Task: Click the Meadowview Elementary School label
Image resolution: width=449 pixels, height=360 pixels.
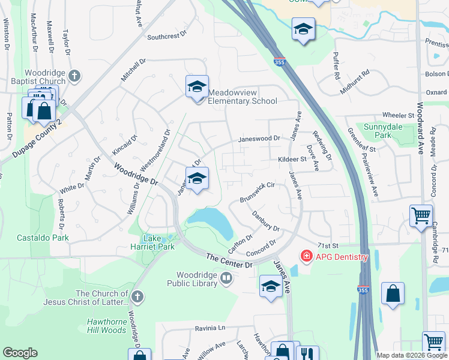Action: [x=243, y=97]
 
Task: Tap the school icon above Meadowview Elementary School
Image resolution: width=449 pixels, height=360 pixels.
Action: [x=197, y=88]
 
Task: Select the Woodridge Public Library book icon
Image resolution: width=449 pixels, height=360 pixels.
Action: [x=226, y=278]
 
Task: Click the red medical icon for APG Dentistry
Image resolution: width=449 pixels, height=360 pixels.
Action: [x=306, y=257]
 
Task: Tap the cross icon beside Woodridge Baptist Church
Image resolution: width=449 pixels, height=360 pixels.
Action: [x=74, y=76]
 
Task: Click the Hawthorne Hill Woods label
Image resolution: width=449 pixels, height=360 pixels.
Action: [x=107, y=326]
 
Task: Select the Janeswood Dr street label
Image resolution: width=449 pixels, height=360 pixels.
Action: [x=259, y=139]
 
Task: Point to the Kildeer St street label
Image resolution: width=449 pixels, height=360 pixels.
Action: [x=292, y=160]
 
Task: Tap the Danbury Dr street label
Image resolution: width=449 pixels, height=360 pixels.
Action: [x=266, y=221]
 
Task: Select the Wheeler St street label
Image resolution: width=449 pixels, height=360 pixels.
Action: [x=394, y=115]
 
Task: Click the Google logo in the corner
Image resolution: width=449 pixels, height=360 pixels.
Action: [x=20, y=353]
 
